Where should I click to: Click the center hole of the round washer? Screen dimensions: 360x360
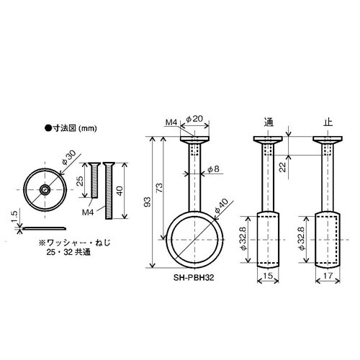(x=45, y=190)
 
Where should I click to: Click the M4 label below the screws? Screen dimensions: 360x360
(x=88, y=213)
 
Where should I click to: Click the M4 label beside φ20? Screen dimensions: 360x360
(x=171, y=123)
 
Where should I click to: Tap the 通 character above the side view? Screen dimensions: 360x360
(x=269, y=122)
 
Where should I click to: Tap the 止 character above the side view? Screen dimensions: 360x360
(x=329, y=122)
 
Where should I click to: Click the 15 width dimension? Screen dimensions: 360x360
(x=269, y=274)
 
